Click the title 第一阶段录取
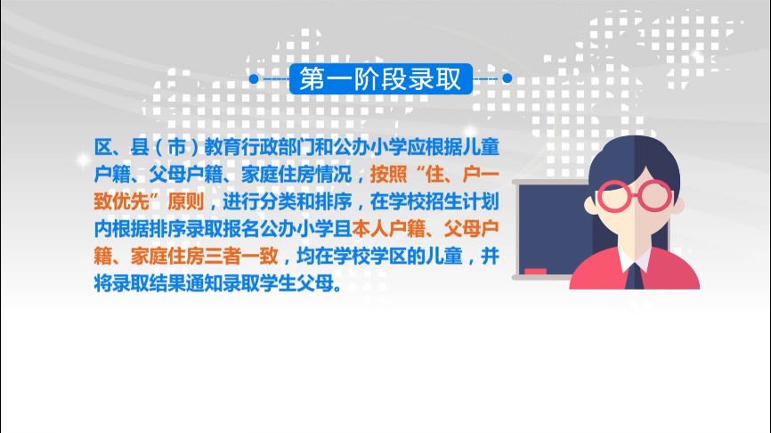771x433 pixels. pyautogui.click(x=380, y=79)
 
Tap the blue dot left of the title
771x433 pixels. pyautogui.click(x=253, y=79)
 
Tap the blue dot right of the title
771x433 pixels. pyautogui.click(x=507, y=79)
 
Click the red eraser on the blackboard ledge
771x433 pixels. pyautogui.click(x=535, y=270)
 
